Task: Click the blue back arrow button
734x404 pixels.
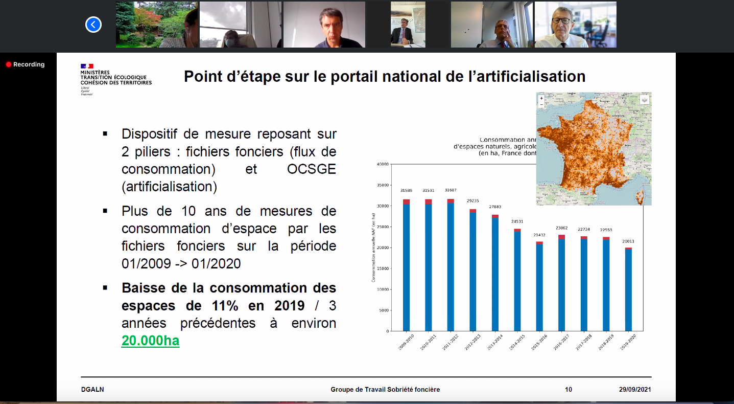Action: [x=93, y=25]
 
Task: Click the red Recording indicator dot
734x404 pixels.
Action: [x=8, y=64]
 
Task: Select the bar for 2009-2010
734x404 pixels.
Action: [x=407, y=266]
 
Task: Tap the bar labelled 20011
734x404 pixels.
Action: [x=628, y=289]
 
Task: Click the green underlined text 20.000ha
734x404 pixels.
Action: [x=150, y=341]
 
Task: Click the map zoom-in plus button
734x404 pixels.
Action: [x=541, y=98]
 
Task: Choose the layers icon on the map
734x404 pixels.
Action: [x=645, y=100]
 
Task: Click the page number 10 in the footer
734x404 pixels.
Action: [x=569, y=390]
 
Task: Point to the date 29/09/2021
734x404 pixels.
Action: [x=635, y=390]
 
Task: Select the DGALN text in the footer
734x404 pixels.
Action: [x=92, y=390]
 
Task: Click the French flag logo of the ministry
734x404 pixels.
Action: [x=87, y=66]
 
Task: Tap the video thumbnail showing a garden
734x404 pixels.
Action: [x=156, y=25]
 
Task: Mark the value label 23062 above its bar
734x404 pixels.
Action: [x=561, y=229]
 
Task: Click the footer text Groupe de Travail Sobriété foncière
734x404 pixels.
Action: [x=385, y=390]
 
